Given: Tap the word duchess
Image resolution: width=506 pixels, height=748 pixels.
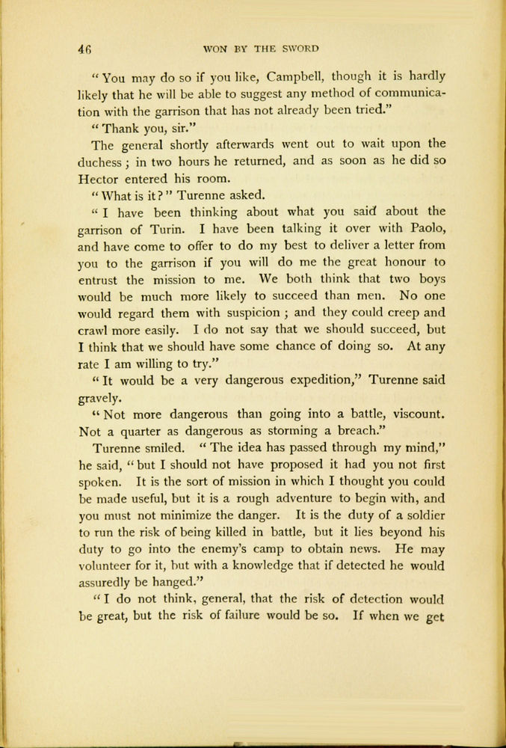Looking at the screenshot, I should (x=102, y=161).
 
